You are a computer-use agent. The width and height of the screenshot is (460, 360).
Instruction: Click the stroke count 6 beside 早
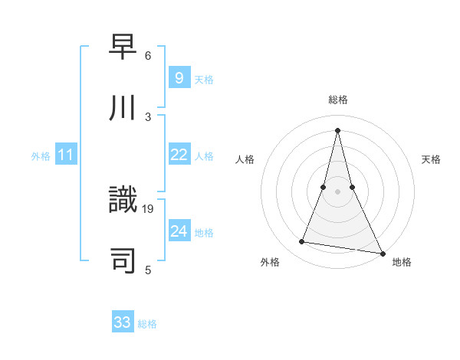(147, 56)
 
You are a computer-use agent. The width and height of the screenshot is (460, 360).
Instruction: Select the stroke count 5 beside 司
(147, 270)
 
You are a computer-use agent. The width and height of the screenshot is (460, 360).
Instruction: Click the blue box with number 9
(179, 77)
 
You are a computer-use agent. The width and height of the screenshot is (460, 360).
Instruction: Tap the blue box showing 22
(179, 155)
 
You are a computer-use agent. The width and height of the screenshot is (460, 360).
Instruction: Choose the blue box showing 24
(179, 231)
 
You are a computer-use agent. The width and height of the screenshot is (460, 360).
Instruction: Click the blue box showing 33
(123, 322)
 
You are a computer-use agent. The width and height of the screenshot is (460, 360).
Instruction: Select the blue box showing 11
(66, 155)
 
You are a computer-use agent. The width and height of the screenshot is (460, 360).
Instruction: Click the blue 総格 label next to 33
(147, 324)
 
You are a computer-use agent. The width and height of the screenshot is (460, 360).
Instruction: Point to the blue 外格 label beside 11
(41, 156)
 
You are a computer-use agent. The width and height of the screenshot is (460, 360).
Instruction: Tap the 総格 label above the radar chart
(338, 100)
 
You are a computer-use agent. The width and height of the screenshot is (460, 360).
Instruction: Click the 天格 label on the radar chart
(431, 159)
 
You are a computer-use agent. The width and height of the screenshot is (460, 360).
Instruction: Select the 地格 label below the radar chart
(402, 262)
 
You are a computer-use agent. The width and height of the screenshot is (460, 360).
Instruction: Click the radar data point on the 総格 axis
(338, 129)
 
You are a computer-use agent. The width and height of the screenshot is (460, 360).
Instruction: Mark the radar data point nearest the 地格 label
(381, 253)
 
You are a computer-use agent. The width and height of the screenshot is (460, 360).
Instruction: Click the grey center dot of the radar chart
(338, 191)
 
